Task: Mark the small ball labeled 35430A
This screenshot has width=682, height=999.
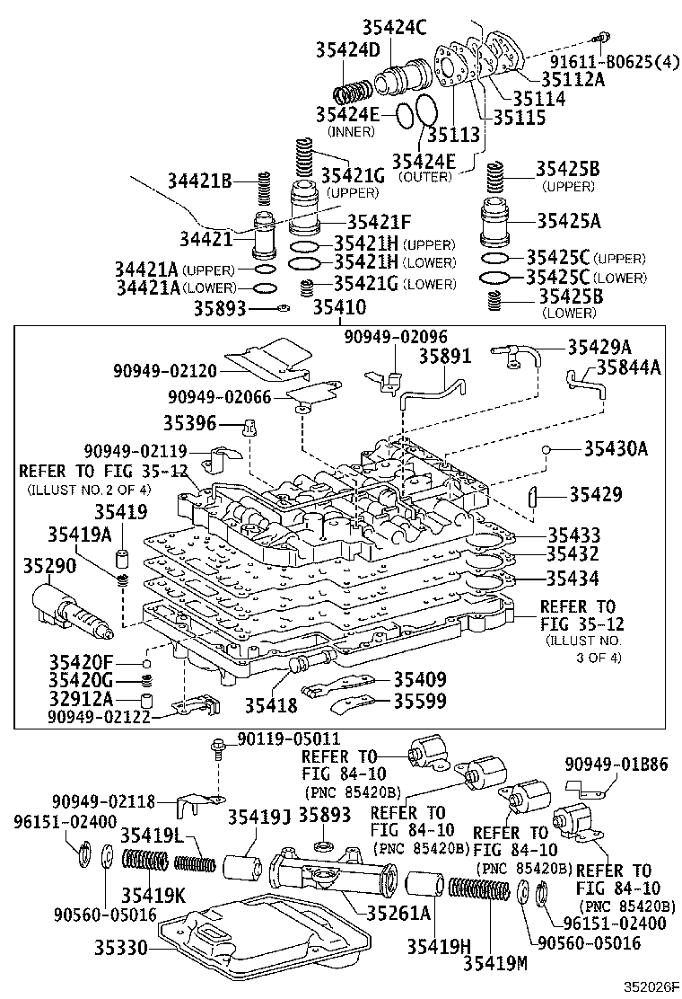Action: [x=545, y=448]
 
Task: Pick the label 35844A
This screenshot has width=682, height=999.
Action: [x=631, y=367]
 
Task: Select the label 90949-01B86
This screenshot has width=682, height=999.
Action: [x=616, y=765]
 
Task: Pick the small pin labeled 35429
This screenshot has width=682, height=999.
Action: [x=532, y=496]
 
